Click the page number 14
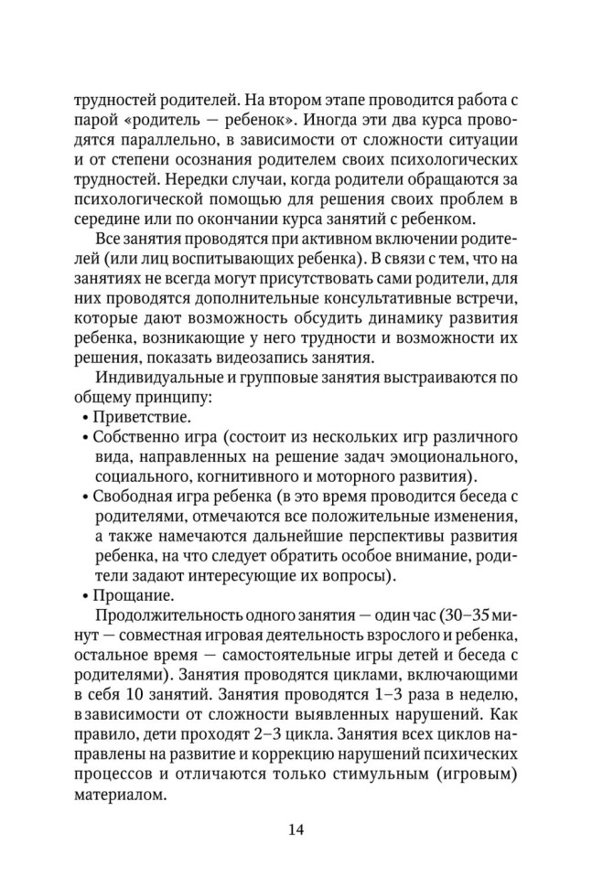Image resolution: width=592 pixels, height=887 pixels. pyautogui.click(x=296, y=830)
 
